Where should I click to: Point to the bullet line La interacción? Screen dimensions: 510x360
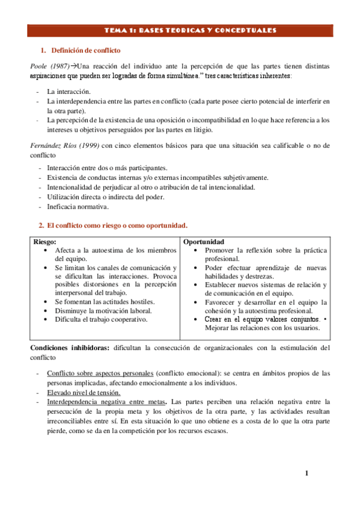coord(69,91)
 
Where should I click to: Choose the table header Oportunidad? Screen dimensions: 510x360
coord(204,241)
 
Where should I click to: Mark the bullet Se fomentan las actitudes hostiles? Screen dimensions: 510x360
coord(105,301)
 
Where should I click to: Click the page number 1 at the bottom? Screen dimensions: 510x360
coord(306,473)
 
